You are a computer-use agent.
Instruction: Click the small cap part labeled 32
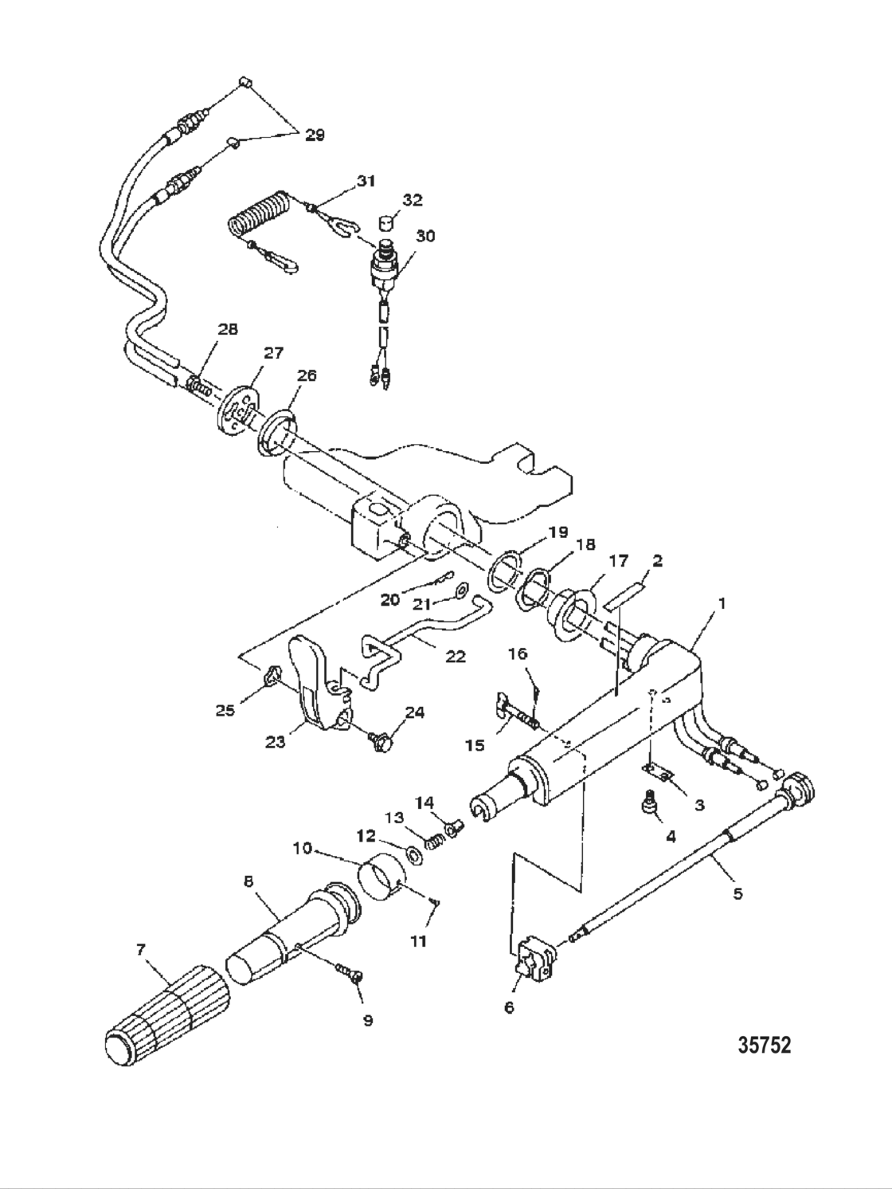pyautogui.click(x=389, y=220)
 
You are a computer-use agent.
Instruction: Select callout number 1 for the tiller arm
pyautogui.click(x=722, y=604)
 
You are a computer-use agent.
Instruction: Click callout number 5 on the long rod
pyautogui.click(x=737, y=893)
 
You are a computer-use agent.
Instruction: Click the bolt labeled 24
pyautogui.click(x=380, y=742)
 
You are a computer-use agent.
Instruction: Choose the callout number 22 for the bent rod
pyautogui.click(x=455, y=657)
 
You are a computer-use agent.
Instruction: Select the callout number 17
pyautogui.click(x=618, y=562)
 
